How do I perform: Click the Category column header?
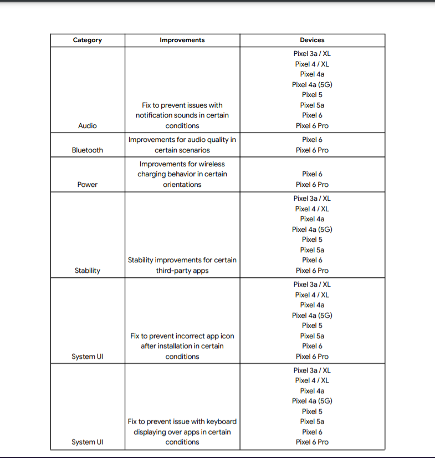[x=88, y=40]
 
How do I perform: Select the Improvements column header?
[x=182, y=40]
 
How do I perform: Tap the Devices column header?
[x=312, y=40]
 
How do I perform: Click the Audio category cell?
[x=88, y=126]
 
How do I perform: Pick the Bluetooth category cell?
[x=88, y=150]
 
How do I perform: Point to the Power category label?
[x=88, y=185]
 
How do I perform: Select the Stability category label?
[x=88, y=271]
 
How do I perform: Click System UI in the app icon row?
[x=88, y=357]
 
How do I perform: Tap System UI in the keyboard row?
[x=88, y=442]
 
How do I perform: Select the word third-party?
[x=176, y=271]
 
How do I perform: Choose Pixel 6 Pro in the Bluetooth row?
[x=312, y=150]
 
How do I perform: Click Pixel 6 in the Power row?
[x=312, y=174]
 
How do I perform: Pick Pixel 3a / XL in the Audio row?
[x=312, y=54]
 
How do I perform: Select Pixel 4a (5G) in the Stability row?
[x=312, y=230]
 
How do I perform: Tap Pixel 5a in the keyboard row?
[x=312, y=421]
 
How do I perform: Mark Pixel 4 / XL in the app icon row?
[x=312, y=295]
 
